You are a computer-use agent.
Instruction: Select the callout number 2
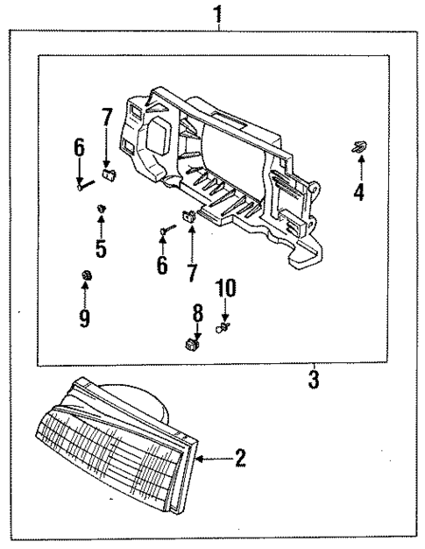pos(240,458)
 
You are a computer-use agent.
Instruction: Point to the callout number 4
pos(358,191)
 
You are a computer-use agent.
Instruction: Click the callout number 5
pos(102,248)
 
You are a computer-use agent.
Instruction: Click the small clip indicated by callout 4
pos(358,147)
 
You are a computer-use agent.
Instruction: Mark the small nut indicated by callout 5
pos(102,207)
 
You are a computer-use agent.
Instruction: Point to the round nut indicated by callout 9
pos(85,278)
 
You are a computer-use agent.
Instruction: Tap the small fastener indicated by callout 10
pos(225,328)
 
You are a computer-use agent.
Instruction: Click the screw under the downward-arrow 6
pos(81,184)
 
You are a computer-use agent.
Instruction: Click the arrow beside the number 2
pos(210,458)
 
